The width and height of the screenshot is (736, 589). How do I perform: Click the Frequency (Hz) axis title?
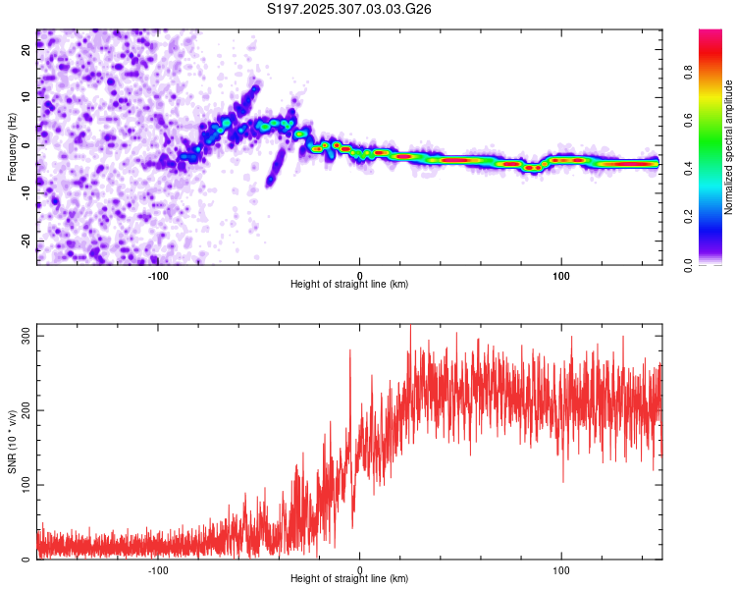(x=12, y=147)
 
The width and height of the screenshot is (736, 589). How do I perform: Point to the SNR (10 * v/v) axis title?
(x=12, y=442)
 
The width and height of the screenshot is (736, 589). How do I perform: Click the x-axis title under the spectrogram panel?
(x=349, y=284)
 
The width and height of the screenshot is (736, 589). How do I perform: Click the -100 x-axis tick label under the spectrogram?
(x=158, y=275)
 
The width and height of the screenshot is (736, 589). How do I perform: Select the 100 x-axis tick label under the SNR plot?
(x=561, y=569)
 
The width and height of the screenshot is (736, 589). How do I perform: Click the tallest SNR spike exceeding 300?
(x=410, y=326)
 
